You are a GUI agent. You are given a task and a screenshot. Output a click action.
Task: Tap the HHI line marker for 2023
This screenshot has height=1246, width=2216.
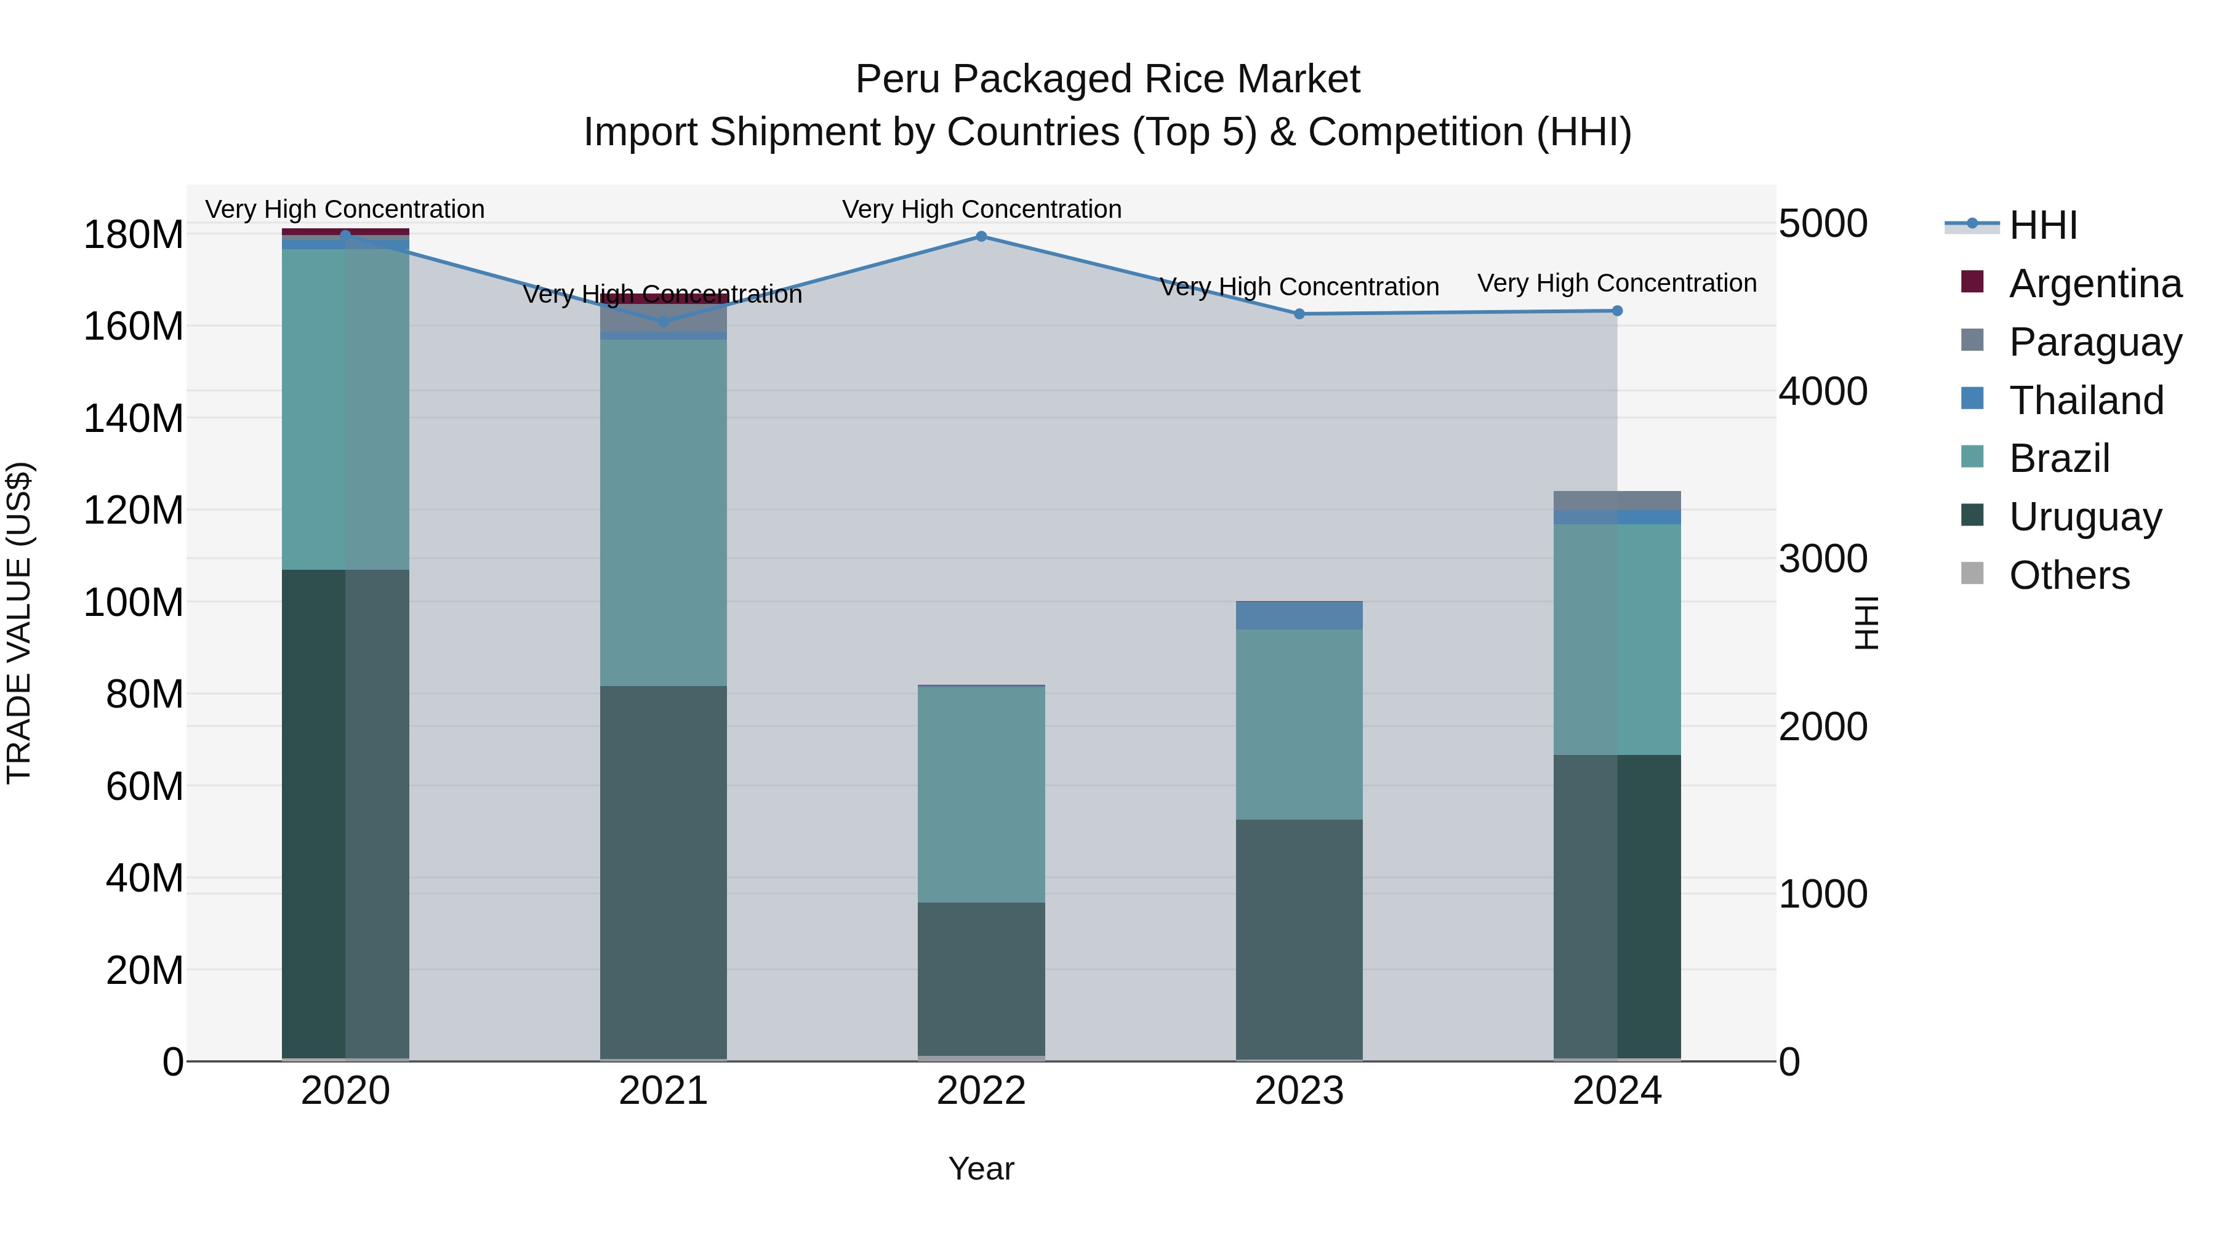point(1299,314)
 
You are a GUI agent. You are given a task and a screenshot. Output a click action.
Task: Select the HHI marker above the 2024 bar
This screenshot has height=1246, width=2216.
point(1616,311)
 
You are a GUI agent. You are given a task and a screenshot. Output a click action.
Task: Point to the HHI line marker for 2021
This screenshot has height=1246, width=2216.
point(662,322)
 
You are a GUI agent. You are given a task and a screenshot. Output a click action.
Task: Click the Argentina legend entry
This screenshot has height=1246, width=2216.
point(2095,284)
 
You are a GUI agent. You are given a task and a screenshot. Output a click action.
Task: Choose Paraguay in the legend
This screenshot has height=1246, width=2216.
point(2095,342)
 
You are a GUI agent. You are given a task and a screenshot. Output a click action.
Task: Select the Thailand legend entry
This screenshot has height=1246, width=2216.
point(2086,401)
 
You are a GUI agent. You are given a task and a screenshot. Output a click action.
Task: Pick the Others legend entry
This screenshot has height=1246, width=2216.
point(2069,575)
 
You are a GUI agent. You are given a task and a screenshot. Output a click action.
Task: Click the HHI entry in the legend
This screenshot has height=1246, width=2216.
point(2042,225)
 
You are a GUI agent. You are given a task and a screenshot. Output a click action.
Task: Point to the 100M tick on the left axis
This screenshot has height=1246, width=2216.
point(134,603)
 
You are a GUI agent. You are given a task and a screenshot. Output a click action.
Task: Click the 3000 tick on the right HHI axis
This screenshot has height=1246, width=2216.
point(1823,559)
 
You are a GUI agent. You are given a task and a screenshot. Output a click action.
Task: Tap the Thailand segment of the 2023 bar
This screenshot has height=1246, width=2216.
point(1299,616)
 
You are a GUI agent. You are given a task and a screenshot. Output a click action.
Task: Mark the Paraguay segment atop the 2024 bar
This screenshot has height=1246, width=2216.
point(1616,500)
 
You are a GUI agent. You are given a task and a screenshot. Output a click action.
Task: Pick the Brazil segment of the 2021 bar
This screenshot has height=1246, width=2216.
point(662,513)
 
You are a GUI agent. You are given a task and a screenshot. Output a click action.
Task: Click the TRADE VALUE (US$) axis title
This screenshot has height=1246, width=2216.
point(19,623)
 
